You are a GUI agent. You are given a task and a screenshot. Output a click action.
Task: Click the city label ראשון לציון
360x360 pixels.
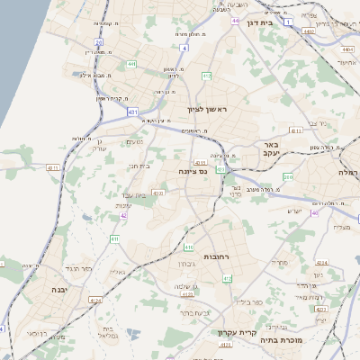coord(210,110)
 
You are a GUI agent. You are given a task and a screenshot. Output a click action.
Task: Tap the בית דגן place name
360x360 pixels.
coord(259,24)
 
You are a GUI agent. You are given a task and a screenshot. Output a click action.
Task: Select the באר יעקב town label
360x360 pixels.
coord(268,148)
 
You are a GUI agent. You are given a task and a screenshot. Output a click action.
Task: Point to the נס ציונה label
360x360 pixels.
coord(193,171)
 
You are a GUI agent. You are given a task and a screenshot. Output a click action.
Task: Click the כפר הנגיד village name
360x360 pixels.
coord(80,268)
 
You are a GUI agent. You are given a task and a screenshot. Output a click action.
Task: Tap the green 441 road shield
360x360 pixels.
coord(132,65)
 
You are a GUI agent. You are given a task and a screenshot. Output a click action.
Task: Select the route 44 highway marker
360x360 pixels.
coord(235,20)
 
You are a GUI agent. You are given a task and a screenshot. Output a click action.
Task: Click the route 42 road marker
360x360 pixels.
coord(123,215)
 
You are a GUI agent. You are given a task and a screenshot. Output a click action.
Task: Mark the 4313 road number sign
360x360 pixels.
coord(158,192)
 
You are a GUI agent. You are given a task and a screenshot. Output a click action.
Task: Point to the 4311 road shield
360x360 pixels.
coord(53,167)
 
